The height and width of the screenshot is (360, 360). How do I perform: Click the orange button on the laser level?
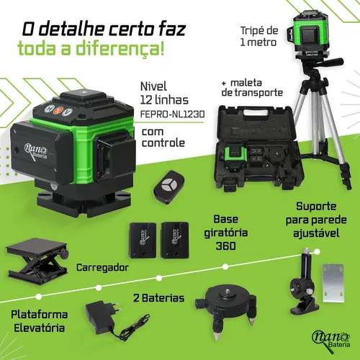click(58, 111)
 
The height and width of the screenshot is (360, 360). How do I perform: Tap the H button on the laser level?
click(48, 109)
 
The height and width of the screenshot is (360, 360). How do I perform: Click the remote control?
click(169, 187)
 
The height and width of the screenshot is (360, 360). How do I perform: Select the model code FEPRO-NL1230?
click(172, 114)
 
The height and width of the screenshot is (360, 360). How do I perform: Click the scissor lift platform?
click(37, 261)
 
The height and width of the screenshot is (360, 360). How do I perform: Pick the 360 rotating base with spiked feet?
click(225, 309)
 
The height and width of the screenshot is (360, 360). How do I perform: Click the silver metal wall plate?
click(333, 283)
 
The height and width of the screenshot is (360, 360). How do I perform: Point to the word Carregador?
click(102, 267)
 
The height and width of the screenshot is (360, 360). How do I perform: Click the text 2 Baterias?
click(159, 298)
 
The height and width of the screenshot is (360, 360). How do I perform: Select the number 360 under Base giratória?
click(225, 246)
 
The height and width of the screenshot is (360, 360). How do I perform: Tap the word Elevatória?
click(40, 328)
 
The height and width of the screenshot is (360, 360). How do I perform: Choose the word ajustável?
click(316, 233)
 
